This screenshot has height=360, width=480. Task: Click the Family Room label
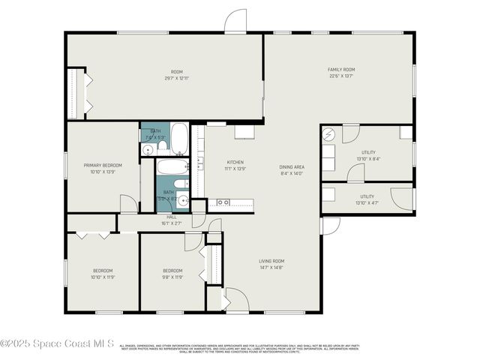click(340, 70)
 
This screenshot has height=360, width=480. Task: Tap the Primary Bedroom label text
click(103, 165)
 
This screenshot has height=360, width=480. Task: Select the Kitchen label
click(235, 162)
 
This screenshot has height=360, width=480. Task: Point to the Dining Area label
click(292, 167)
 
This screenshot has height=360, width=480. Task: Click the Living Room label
click(271, 261)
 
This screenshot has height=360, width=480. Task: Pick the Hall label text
click(172, 217)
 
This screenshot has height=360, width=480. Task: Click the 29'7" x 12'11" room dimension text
click(177, 78)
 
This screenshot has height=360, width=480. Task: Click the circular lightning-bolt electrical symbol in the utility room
click(328, 134)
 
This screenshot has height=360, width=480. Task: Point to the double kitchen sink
click(223, 202)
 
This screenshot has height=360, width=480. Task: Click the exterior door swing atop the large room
click(235, 21)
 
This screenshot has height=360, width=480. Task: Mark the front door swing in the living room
click(237, 298)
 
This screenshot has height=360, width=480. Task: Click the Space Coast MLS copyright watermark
click(57, 344)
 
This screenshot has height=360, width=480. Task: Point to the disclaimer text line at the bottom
click(239, 348)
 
